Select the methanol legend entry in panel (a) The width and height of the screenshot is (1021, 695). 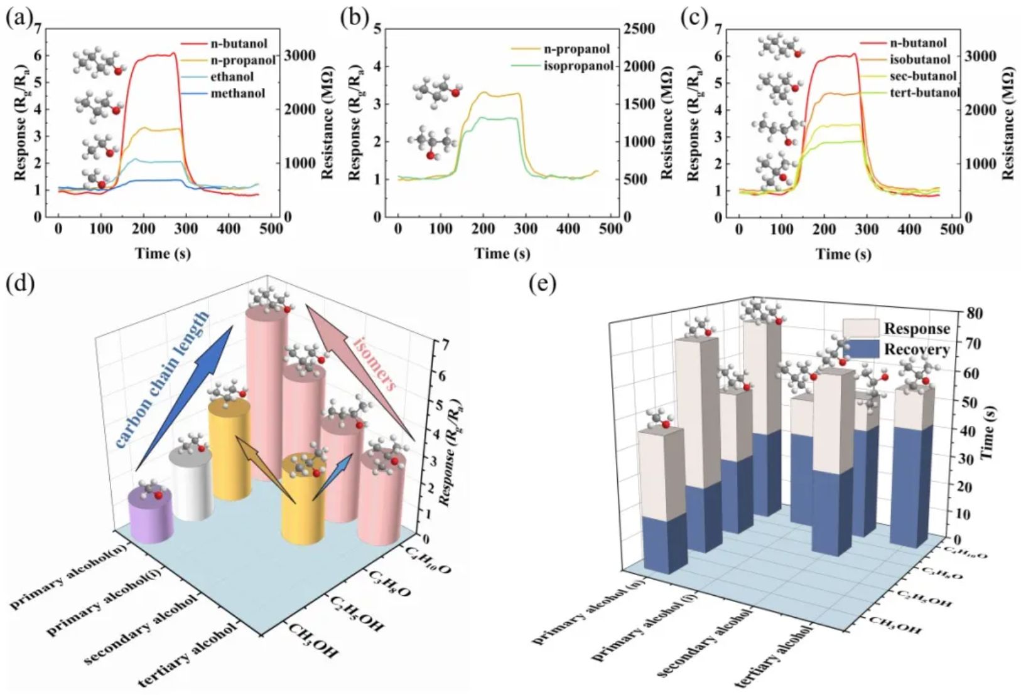[x=241, y=93]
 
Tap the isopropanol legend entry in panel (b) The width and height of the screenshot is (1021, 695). [x=578, y=65]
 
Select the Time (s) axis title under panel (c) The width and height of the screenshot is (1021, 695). [x=843, y=253]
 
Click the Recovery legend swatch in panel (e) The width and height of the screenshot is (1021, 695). [x=860, y=349]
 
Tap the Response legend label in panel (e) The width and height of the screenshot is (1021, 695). [x=917, y=329]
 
